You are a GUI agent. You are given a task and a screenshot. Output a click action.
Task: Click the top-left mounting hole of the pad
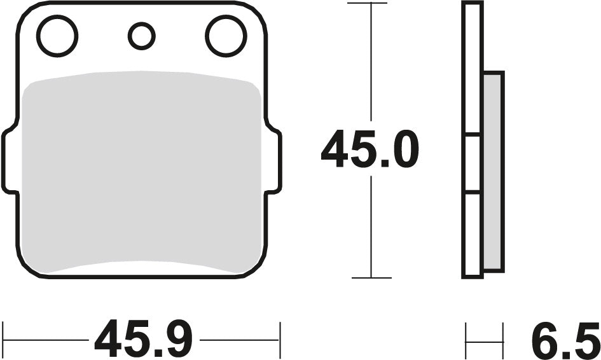click(57, 36)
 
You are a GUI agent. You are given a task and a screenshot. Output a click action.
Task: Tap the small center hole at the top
click(142, 36)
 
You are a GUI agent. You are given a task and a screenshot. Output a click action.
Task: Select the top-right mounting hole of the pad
click(226, 36)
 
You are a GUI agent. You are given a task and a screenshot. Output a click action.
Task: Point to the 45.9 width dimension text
click(143, 340)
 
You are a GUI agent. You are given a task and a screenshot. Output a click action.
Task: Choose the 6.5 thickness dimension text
click(565, 340)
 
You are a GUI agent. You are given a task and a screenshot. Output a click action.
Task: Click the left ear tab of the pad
click(11, 160)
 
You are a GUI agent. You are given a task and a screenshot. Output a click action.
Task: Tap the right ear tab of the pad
click(273, 160)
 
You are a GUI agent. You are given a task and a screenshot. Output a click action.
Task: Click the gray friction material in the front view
click(141, 172)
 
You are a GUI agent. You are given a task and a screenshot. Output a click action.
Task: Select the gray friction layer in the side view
click(494, 172)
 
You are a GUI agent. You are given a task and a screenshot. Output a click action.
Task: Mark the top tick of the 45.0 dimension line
click(370, 3)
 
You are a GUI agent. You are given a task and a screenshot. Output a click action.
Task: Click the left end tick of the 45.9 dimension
click(4, 340)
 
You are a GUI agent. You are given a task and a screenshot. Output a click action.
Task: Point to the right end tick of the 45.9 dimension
click(279, 340)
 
